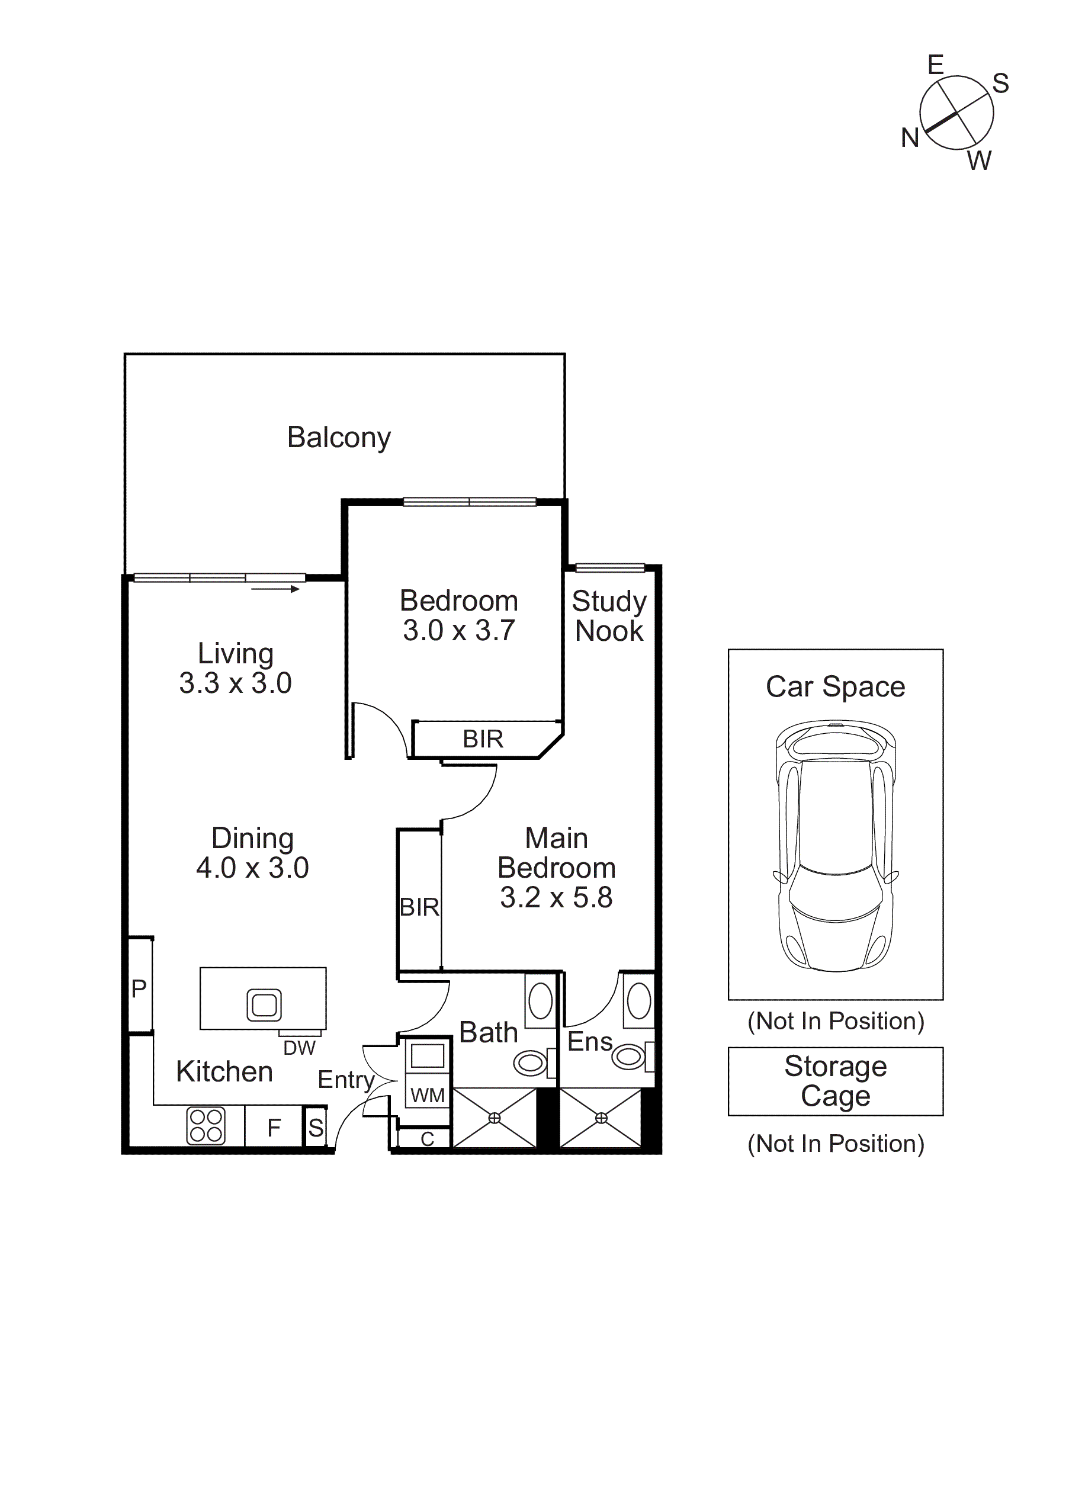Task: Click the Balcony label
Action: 339,437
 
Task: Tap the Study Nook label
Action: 609,616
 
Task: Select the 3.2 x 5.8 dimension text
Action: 556,898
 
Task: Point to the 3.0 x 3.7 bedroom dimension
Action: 458,631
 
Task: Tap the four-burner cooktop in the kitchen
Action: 206,1125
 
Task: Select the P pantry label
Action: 139,988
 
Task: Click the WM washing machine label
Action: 428,1095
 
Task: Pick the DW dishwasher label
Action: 300,1048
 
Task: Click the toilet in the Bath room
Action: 531,1063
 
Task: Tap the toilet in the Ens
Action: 629,1057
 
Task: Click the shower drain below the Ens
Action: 601,1118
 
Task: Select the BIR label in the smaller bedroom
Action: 483,739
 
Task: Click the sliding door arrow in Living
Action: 275,589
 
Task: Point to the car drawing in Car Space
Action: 835,846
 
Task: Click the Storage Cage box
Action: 835,1081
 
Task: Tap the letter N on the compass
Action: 910,139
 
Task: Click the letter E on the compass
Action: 935,65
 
